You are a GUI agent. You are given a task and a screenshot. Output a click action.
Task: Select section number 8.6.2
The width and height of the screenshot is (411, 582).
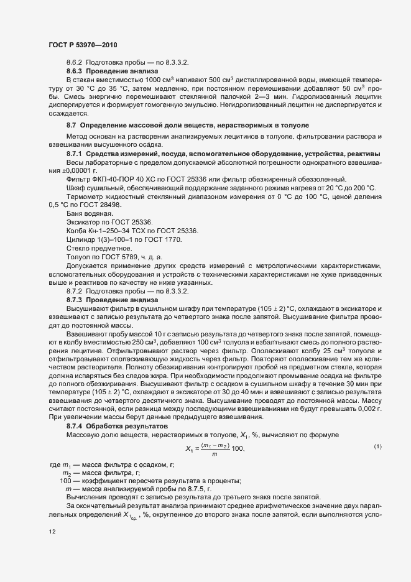pos(75,63)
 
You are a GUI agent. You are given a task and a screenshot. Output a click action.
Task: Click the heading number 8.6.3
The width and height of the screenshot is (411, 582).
pos(75,71)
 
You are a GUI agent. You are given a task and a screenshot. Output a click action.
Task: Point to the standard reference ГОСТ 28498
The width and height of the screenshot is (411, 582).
pos(101,204)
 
